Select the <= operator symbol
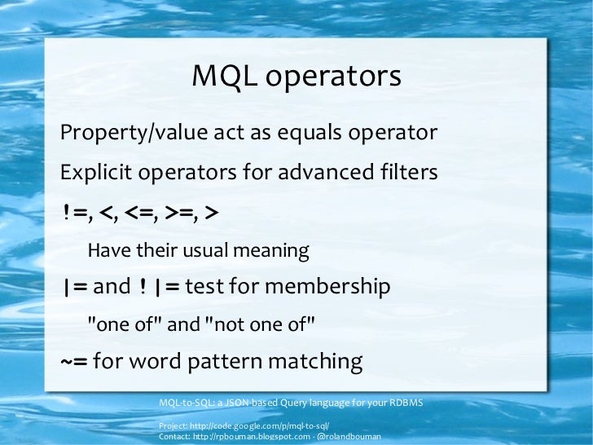point(140,214)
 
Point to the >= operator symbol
point(180,214)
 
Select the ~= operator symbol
point(74,361)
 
